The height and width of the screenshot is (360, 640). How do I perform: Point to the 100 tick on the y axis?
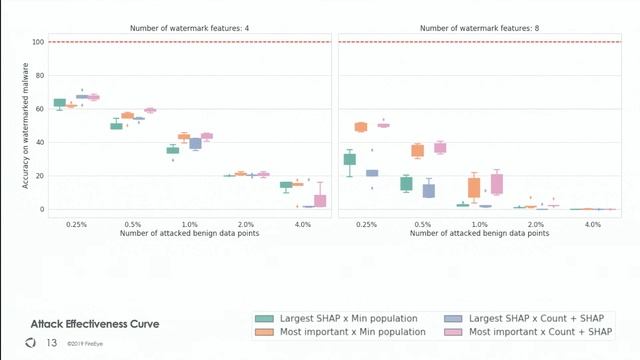point(38,42)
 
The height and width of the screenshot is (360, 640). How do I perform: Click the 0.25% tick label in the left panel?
point(75,225)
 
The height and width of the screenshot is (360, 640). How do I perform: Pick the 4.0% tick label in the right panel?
point(593,225)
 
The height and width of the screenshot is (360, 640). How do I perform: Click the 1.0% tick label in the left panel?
point(190,225)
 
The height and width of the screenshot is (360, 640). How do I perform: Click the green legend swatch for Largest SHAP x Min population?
point(265,319)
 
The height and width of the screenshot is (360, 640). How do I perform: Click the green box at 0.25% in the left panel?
point(59,103)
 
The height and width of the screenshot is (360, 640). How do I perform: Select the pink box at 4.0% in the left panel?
point(320,200)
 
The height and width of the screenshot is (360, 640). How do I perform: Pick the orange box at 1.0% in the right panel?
point(474,187)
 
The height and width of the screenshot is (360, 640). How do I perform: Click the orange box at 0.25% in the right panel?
point(361,127)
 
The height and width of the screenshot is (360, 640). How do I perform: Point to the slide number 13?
point(52,343)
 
